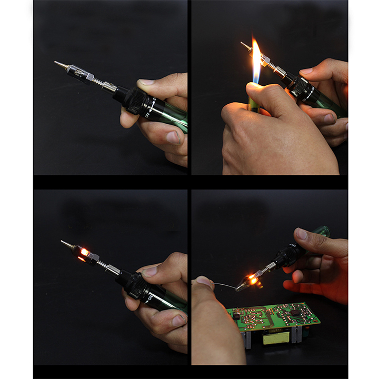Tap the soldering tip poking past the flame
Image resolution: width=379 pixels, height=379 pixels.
point(245,45)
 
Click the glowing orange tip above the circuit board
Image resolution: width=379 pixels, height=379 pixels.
point(253,280)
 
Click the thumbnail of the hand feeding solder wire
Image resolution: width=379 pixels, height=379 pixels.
point(207,283)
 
